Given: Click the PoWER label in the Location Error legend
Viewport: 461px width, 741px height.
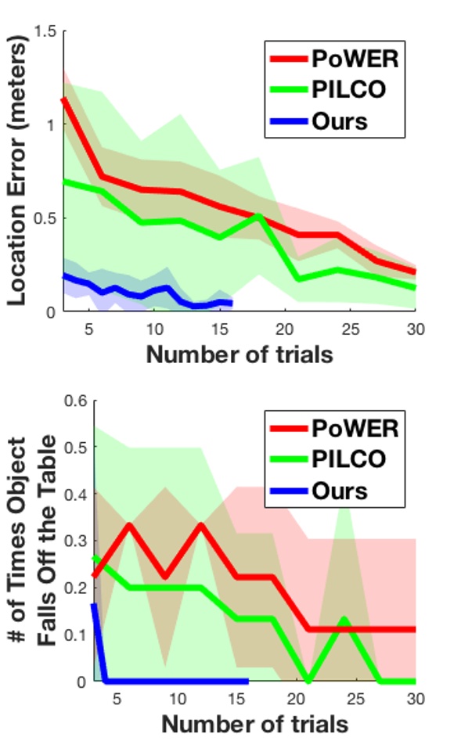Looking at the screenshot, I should pyautogui.click(x=351, y=59).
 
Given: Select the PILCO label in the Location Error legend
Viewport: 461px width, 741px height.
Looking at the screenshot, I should pyautogui.click(x=350, y=90).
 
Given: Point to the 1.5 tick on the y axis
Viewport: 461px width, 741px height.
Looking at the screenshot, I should pyautogui.click(x=46, y=31).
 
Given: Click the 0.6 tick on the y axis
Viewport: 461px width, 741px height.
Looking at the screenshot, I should pyautogui.click(x=76, y=401).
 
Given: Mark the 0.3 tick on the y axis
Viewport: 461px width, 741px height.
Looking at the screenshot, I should pyautogui.click(x=76, y=541).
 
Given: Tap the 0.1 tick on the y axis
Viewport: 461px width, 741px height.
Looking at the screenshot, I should pyautogui.click(x=76, y=635).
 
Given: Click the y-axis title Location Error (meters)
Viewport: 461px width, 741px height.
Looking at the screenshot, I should pyautogui.click(x=19, y=171).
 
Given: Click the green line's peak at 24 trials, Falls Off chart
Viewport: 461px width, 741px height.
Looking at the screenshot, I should pyautogui.click(x=341, y=620).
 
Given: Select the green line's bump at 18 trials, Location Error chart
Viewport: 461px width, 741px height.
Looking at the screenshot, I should pyautogui.click(x=258, y=215).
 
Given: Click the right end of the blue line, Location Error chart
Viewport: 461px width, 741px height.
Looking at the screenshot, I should pyautogui.click(x=230, y=303).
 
